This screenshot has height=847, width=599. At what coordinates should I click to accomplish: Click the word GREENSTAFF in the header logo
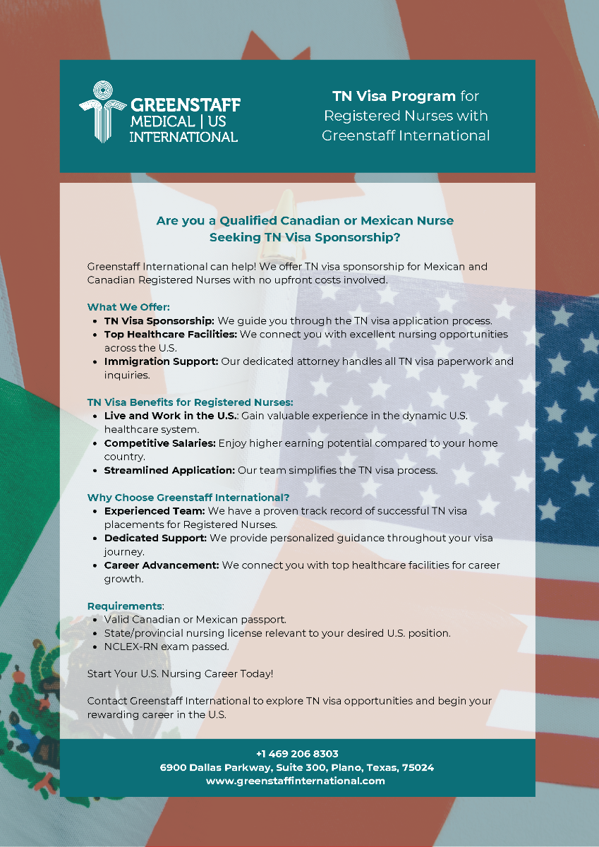(x=186, y=105)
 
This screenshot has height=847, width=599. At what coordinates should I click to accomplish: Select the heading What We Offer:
(x=128, y=307)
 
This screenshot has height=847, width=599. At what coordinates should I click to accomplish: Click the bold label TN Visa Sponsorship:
(x=159, y=320)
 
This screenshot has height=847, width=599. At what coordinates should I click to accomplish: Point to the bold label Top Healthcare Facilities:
(x=171, y=334)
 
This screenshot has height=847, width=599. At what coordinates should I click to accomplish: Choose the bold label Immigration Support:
(x=162, y=361)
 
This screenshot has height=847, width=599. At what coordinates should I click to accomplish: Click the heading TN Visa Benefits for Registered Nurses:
(x=190, y=402)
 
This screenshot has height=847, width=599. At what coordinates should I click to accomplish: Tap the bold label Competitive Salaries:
(x=160, y=443)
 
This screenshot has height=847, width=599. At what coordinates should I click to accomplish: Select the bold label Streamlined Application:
(x=169, y=470)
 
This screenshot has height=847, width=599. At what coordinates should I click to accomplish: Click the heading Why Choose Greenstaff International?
(x=188, y=498)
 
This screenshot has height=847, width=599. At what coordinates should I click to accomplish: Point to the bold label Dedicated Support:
(x=155, y=538)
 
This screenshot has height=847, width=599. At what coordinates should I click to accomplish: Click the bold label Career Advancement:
(x=162, y=565)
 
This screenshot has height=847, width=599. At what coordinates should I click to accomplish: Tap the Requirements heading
(x=125, y=606)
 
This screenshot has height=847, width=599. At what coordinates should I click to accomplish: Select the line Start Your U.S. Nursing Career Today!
(x=180, y=674)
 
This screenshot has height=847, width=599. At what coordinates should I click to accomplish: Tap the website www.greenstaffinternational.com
(x=296, y=781)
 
